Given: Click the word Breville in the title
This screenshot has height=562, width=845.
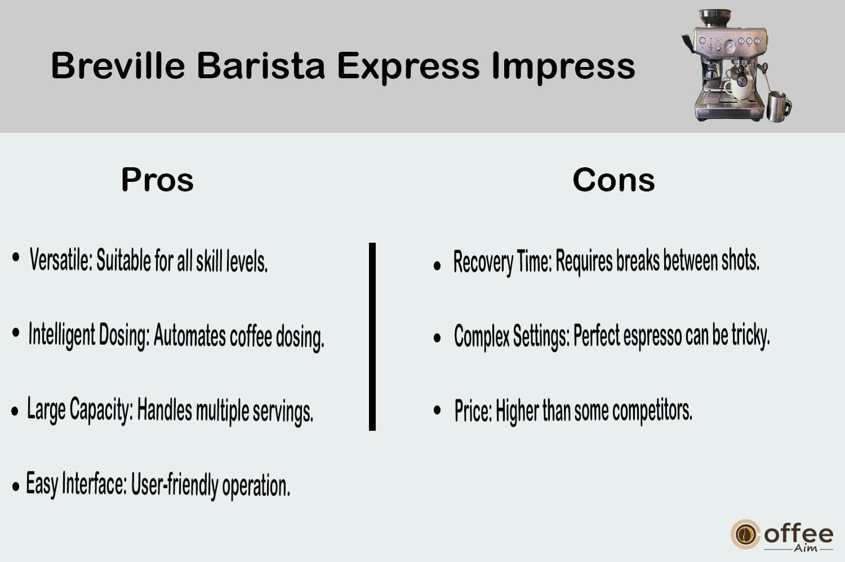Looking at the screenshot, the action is coord(118,66).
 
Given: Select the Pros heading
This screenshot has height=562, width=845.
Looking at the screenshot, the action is coord(157,180).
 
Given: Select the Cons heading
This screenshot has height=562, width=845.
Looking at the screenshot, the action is coord(614,180).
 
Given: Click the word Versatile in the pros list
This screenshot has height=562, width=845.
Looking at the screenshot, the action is coord(61,260).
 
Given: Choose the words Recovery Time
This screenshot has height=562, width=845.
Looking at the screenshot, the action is coord(502,261).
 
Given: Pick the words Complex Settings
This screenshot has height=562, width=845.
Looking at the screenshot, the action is coord(512,335).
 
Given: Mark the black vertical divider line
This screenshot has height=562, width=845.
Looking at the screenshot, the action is coord(372,336).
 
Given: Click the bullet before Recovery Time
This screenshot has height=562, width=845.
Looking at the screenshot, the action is coord(437,266).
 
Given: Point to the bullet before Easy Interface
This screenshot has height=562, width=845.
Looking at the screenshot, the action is coord(15,487).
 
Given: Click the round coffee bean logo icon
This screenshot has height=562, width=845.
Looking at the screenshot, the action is coord(745,534).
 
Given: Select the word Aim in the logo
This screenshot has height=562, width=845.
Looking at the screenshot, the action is coord(806,548).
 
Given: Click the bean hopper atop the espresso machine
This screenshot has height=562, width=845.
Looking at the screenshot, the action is coord(715,18).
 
